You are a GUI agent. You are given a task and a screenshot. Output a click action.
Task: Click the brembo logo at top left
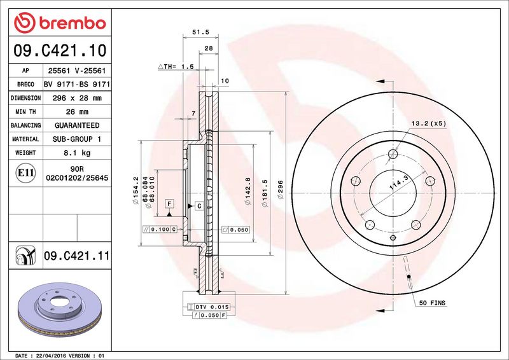click(x=59, y=24)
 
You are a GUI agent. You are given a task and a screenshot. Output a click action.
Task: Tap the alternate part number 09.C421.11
click(x=77, y=256)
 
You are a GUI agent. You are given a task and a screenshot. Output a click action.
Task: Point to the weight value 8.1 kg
click(x=77, y=153)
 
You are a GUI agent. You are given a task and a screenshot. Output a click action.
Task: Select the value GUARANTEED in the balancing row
click(x=77, y=125)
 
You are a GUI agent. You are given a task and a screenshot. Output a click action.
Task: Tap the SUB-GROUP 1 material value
click(x=77, y=139)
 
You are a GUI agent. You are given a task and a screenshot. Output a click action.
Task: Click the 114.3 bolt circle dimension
click(x=398, y=185)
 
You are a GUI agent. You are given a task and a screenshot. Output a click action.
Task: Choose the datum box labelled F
click(x=169, y=204)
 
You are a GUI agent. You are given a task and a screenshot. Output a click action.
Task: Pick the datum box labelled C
click(x=199, y=206)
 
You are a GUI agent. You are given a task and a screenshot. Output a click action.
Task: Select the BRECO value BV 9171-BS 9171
click(x=77, y=84)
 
